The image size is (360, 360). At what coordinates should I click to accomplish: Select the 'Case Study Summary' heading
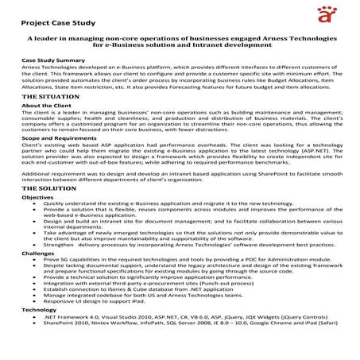tap(53, 60)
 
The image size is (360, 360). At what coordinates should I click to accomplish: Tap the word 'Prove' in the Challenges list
tap(51, 281)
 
